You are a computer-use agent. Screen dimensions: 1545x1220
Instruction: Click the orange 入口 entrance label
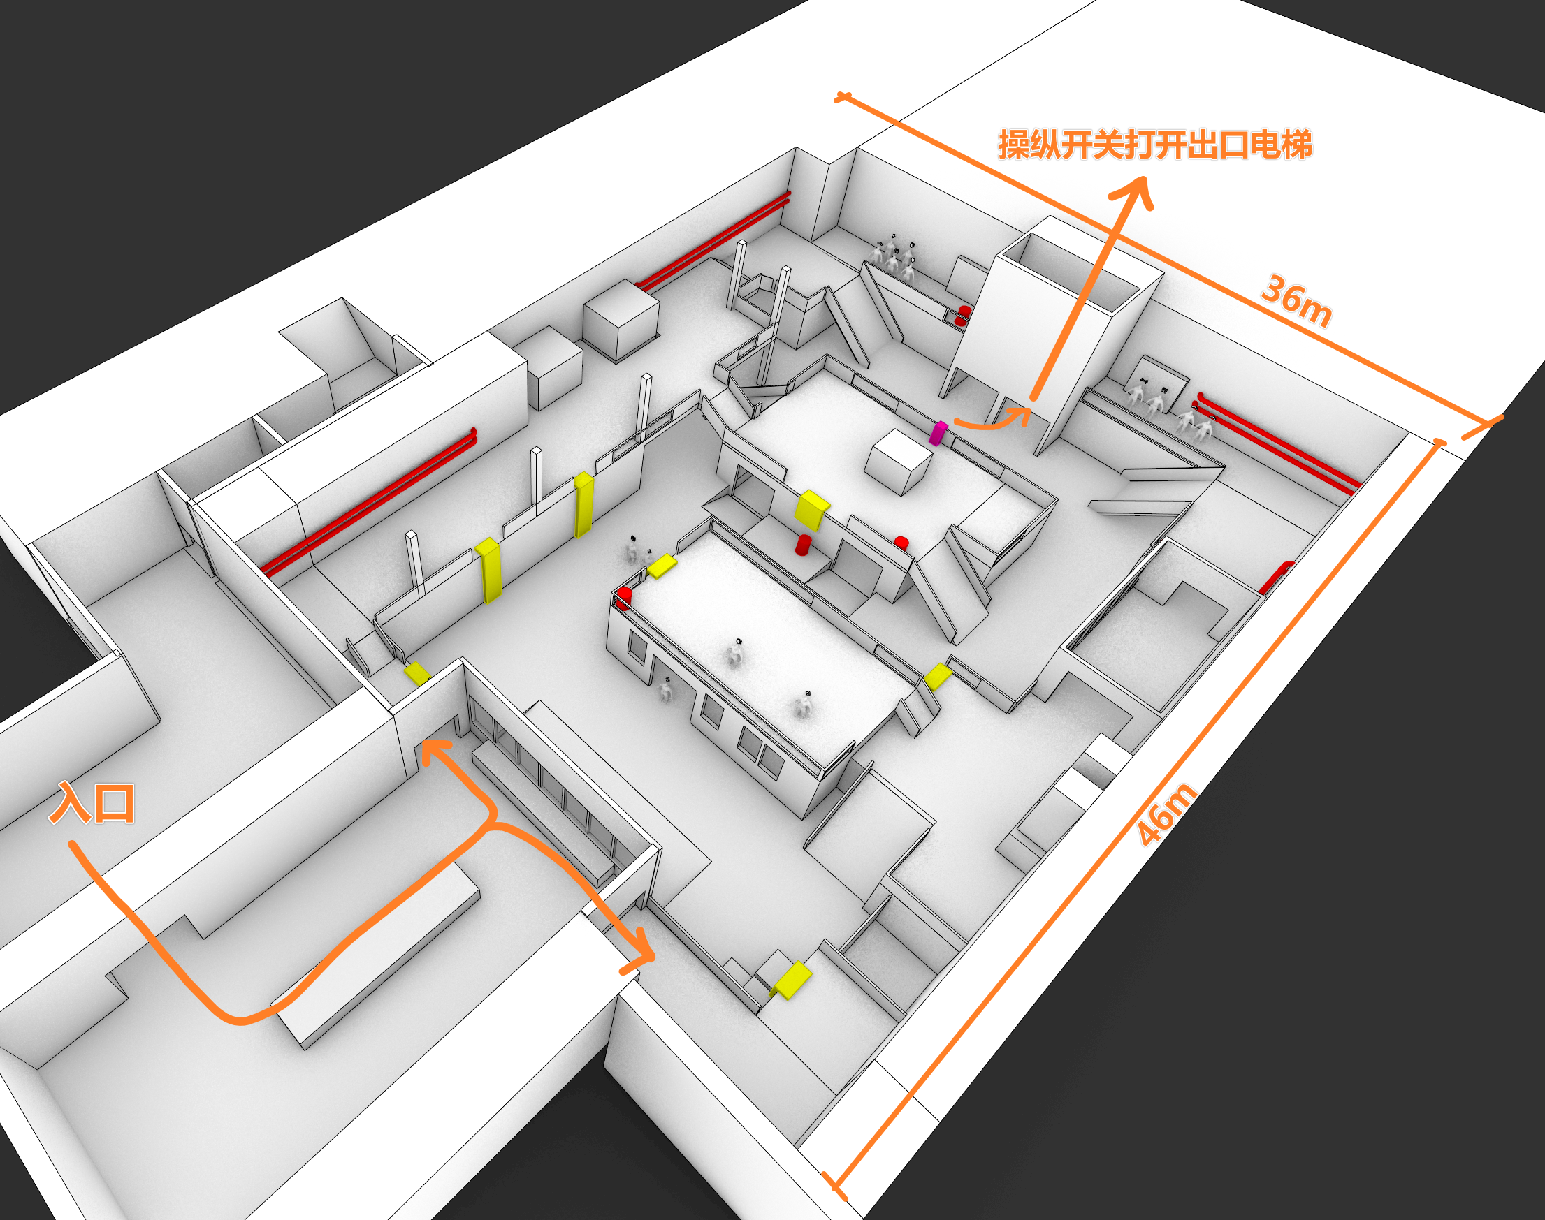point(92,803)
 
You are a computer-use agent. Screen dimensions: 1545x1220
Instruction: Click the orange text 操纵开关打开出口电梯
point(1155,145)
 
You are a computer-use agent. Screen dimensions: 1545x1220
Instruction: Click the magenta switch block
point(938,434)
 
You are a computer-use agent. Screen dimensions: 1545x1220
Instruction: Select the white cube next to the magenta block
point(897,462)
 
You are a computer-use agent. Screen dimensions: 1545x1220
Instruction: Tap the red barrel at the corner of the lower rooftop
point(625,597)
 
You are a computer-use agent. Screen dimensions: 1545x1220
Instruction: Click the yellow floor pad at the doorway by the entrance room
point(416,673)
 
